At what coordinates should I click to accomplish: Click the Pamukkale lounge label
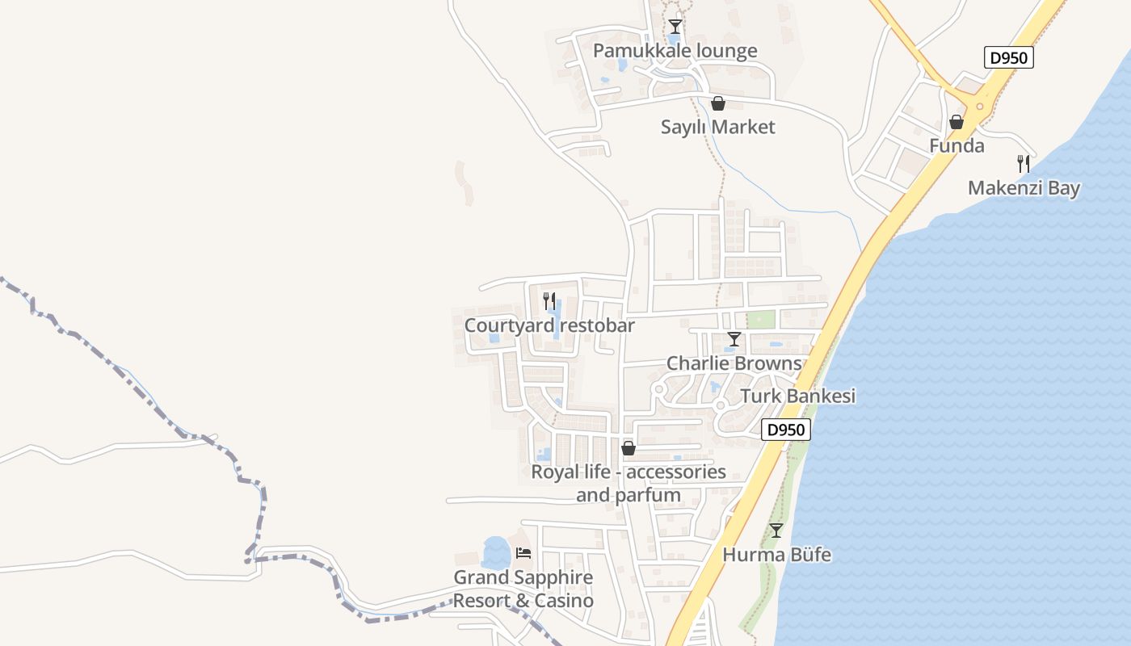point(675,51)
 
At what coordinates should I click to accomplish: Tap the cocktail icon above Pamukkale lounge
point(675,27)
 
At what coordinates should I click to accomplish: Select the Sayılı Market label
point(717,127)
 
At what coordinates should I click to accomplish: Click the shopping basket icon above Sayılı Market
point(717,103)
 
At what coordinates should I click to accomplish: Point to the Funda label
point(957,146)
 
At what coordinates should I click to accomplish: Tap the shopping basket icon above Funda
point(957,122)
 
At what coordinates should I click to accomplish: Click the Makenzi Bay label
point(1024,188)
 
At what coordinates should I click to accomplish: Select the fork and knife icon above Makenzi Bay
point(1024,164)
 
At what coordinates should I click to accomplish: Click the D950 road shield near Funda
point(1009,58)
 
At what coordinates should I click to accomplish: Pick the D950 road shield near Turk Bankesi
point(785,430)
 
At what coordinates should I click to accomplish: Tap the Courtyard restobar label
point(549,325)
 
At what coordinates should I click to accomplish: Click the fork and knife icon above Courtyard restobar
point(549,301)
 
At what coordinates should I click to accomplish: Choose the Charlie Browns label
point(734,363)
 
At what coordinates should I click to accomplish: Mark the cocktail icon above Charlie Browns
point(734,339)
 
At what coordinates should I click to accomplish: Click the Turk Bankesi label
point(797,396)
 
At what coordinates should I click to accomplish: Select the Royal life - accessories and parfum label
point(629,483)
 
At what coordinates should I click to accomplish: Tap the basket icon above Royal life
point(629,448)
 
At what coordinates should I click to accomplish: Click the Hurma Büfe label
point(776,555)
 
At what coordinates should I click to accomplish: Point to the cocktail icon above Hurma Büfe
point(776,531)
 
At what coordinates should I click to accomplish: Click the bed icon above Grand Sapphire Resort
point(523,553)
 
